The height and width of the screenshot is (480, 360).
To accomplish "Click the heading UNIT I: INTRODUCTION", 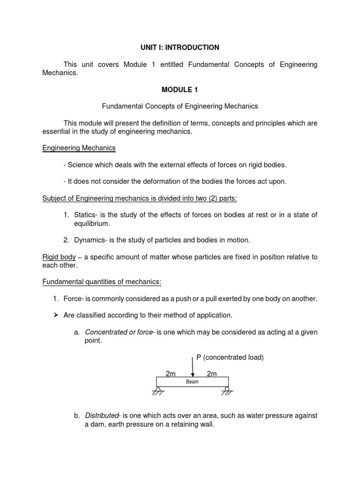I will [x=180, y=47].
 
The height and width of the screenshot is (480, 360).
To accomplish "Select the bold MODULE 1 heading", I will [x=180, y=90].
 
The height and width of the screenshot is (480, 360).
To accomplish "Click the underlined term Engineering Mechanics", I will [x=79, y=148].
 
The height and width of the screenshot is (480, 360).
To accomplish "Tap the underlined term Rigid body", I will [x=58, y=257].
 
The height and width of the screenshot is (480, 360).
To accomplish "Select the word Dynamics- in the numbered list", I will [x=91, y=240].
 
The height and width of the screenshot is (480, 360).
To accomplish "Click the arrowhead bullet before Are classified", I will [x=54, y=315].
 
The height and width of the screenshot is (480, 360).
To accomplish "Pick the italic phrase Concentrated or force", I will [x=119, y=332].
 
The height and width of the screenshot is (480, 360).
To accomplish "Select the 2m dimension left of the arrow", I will [x=170, y=374].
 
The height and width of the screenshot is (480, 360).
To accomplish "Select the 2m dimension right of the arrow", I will [x=212, y=374].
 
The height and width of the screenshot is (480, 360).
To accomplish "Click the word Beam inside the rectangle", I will [x=192, y=382].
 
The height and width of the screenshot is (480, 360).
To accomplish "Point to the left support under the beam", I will [x=158, y=391].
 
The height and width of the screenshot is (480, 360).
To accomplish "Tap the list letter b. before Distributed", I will [x=77, y=416].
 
